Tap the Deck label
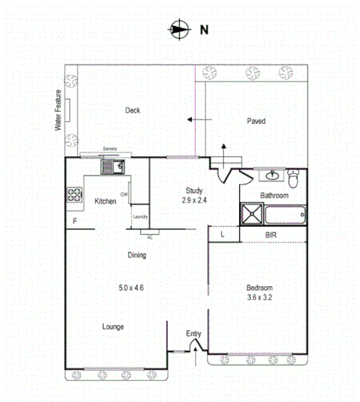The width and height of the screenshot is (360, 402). [133, 111]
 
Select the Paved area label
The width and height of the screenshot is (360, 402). [256, 120]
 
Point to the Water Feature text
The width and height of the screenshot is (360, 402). [57, 111]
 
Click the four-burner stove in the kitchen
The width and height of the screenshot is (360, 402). [75, 195]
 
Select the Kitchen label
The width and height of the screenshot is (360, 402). [105, 201]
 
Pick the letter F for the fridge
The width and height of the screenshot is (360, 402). [75, 222]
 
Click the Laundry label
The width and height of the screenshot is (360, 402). [140, 217]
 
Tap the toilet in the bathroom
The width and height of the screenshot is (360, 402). [294, 180]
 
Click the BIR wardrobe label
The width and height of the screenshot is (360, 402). [272, 235]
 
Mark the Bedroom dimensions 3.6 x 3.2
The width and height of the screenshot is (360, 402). [260, 297]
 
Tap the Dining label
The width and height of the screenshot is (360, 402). [136, 256]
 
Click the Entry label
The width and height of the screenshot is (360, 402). [193, 334]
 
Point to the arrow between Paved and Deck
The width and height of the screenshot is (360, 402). [196, 120]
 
